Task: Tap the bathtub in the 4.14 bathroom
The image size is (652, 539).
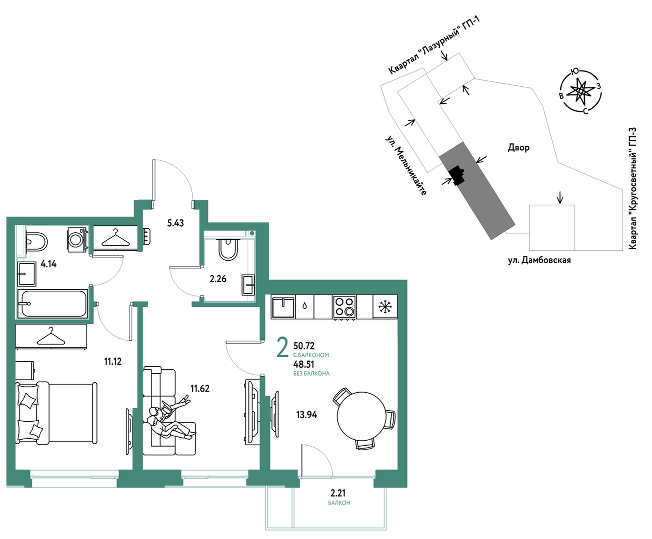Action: point(52,304)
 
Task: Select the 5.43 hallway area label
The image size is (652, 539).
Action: point(175,223)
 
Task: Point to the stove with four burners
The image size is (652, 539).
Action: point(344,307)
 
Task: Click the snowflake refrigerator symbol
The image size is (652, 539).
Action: point(385,307)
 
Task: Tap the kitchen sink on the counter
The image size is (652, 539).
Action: point(283,307)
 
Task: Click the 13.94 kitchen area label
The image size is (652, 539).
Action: point(306,415)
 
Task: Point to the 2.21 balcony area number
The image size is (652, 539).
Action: point(338,493)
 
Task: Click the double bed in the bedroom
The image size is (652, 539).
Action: point(56,412)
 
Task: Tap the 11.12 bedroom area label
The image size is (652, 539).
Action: point(112,362)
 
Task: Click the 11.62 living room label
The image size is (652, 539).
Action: point(200,389)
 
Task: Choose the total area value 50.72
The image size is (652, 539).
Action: point(304,346)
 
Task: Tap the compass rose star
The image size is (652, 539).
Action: point(580,91)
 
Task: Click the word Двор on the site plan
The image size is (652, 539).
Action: point(518,147)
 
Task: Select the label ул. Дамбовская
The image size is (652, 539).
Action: point(539,260)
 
